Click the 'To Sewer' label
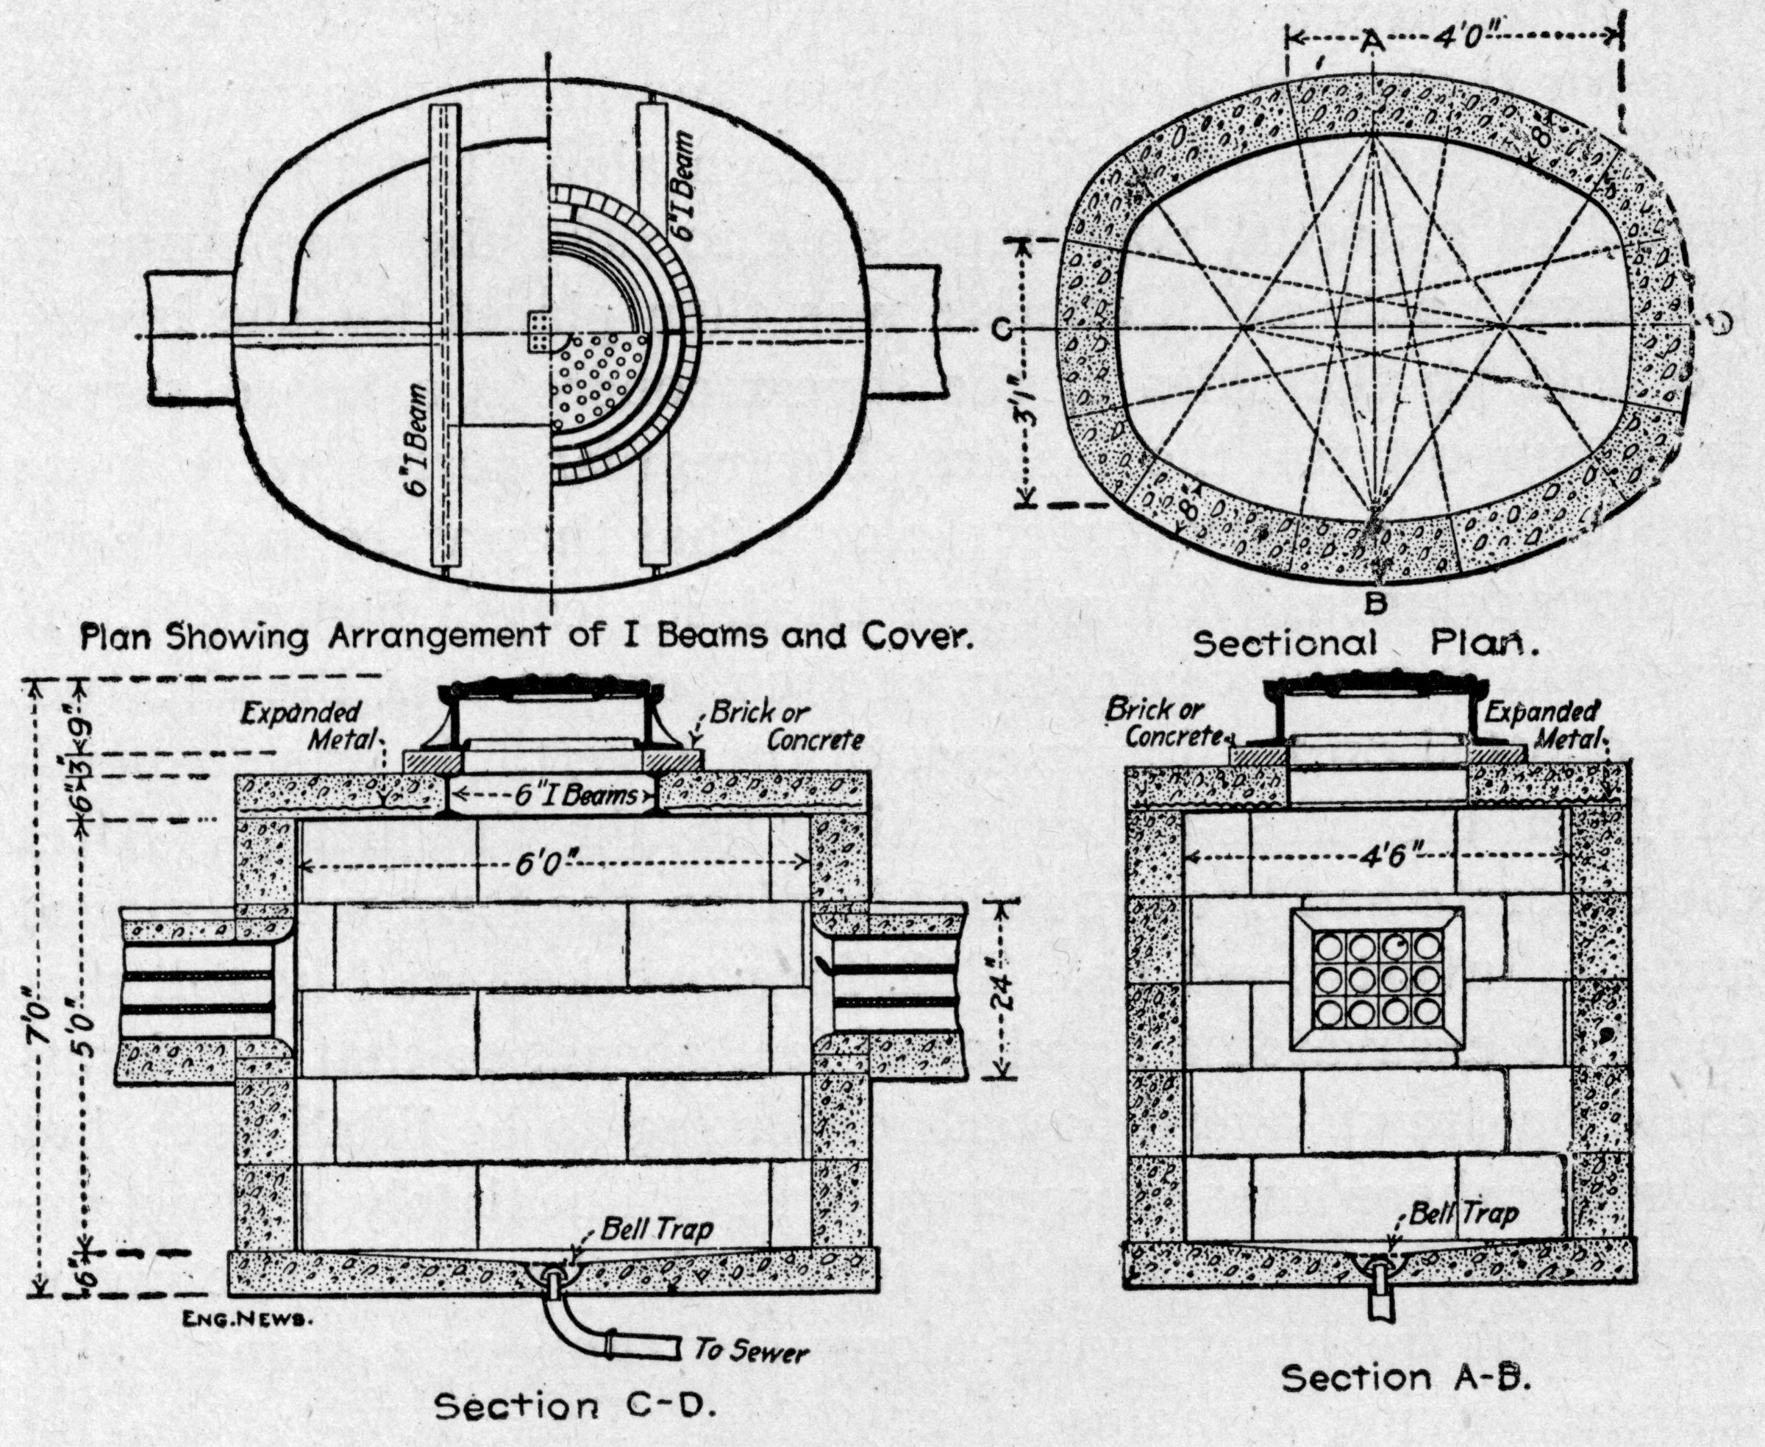point(750,1351)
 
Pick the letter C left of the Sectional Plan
point(1002,331)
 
